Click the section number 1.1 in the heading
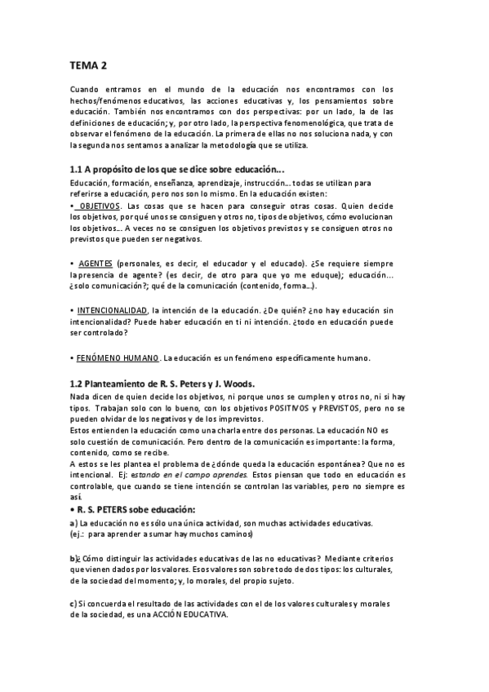point(78,169)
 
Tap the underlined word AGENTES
point(95,264)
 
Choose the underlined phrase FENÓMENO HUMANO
point(117,357)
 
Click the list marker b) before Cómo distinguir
point(74,557)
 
